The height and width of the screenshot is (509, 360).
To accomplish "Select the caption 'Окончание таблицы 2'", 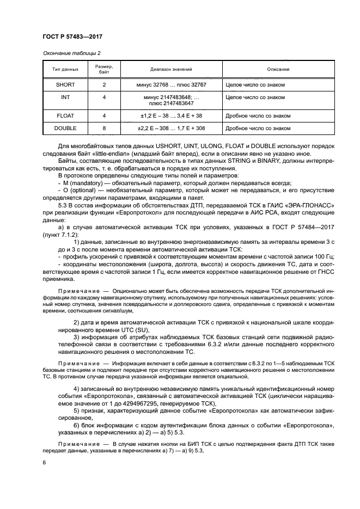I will pos(71,53).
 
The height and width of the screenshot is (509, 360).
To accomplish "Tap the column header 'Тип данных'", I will pos(65,69).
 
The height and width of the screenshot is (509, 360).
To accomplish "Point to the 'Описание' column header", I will pos(278,69).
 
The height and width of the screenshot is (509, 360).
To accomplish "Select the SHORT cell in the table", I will pos(65,85).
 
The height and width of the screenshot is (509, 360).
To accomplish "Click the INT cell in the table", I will pos(65,97).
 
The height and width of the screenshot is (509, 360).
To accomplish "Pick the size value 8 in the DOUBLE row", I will pos(104,128).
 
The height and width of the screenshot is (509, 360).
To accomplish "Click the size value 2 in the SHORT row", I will pos(104,85).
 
